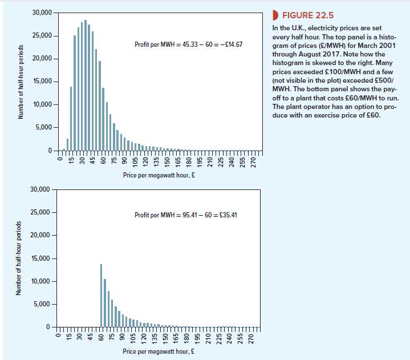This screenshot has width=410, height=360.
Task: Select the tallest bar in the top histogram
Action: pos(86,86)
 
